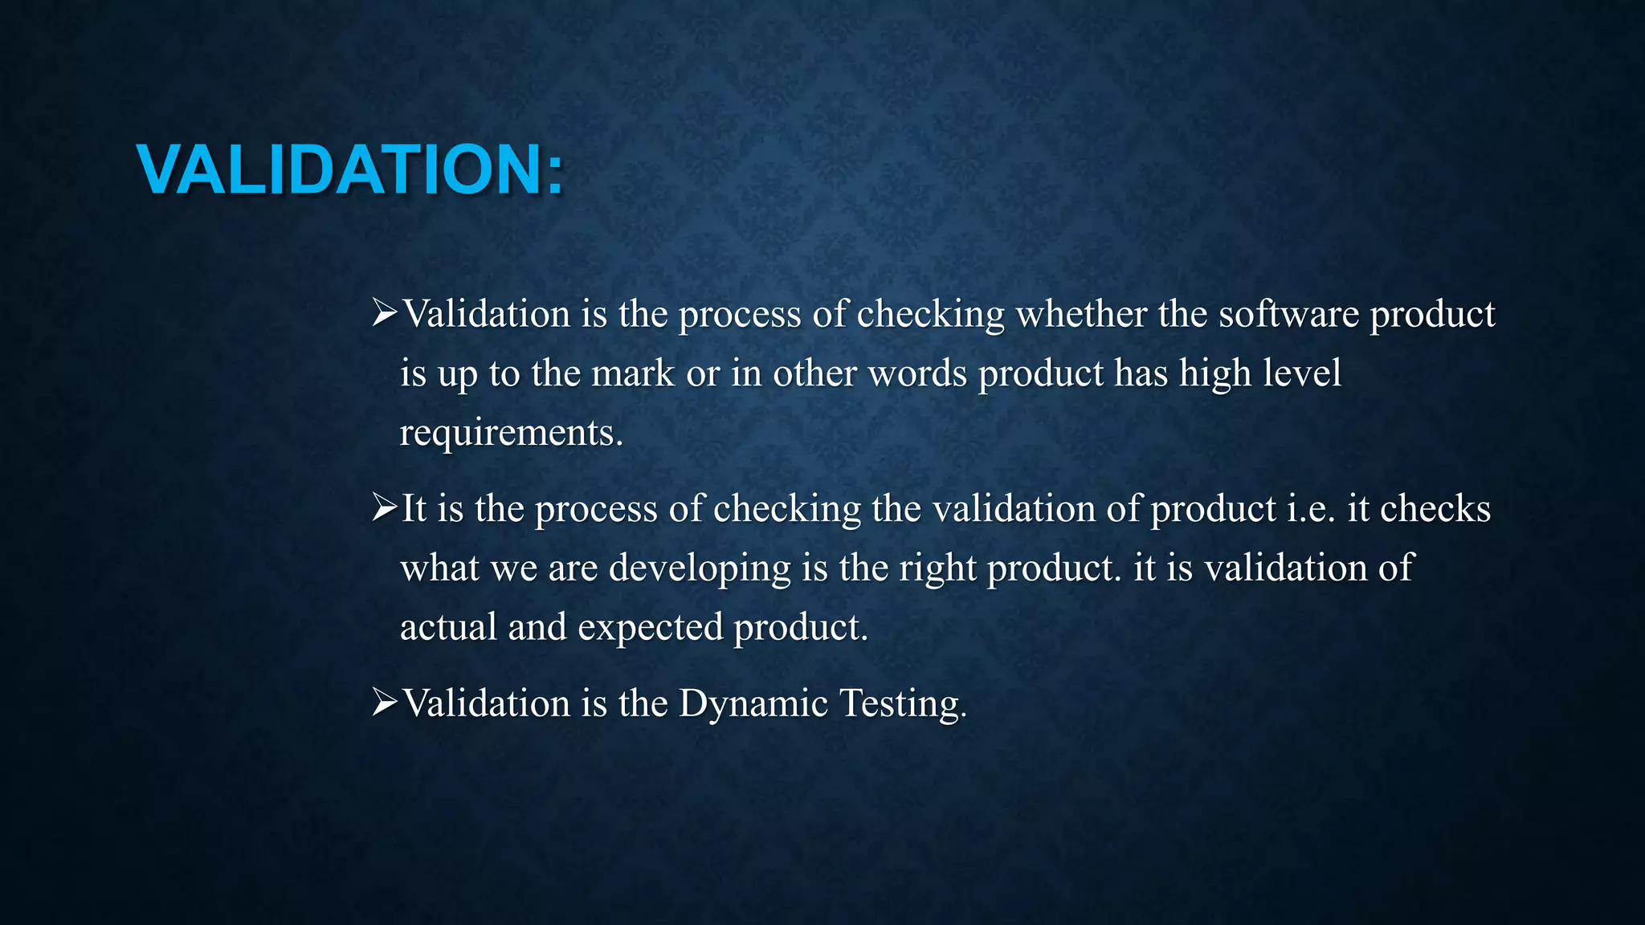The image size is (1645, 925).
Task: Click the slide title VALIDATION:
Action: click(350, 169)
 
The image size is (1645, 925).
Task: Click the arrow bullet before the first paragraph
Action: click(385, 312)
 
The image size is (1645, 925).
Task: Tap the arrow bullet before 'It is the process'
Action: click(385, 507)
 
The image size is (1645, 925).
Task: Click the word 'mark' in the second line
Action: click(633, 373)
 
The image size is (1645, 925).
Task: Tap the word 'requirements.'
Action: click(512, 433)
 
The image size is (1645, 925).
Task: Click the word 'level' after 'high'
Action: click(1301, 373)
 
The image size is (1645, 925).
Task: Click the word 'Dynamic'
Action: click(753, 703)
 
